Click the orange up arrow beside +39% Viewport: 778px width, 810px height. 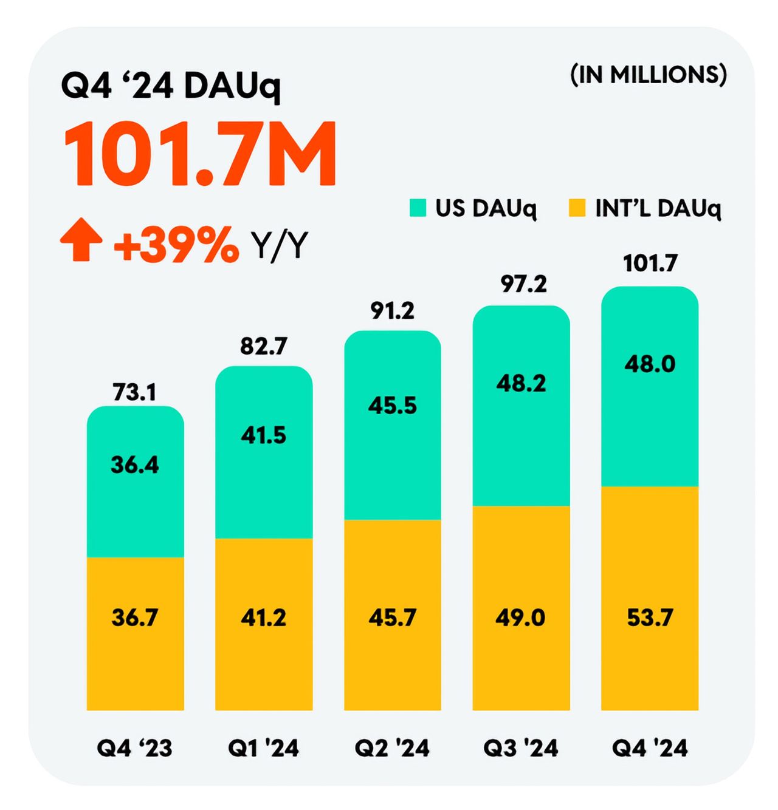click(81, 240)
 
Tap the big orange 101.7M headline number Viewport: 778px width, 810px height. click(199, 154)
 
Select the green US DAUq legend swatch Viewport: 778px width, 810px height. click(418, 208)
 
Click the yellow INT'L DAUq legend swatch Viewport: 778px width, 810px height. click(576, 208)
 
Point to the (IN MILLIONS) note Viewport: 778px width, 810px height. click(649, 75)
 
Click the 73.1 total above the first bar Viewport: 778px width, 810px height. click(134, 392)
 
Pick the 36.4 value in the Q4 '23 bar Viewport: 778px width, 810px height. click(134, 465)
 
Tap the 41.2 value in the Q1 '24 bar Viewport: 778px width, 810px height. click(263, 618)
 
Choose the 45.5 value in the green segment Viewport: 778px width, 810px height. click(392, 405)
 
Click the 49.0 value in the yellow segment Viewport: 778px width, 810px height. click(520, 618)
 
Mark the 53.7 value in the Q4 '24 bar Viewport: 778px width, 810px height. click(650, 618)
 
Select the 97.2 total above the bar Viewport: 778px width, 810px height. click(523, 284)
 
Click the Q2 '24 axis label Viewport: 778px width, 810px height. click(392, 748)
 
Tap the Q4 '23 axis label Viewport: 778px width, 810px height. click(134, 748)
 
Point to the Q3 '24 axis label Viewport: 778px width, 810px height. click(520, 748)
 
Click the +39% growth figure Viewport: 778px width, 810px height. click(176, 245)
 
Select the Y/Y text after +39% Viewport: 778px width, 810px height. click(280, 245)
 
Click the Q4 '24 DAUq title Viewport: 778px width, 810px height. click(171, 86)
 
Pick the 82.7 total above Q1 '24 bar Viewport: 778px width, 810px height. click(263, 346)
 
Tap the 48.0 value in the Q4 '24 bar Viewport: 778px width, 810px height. click(650, 364)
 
